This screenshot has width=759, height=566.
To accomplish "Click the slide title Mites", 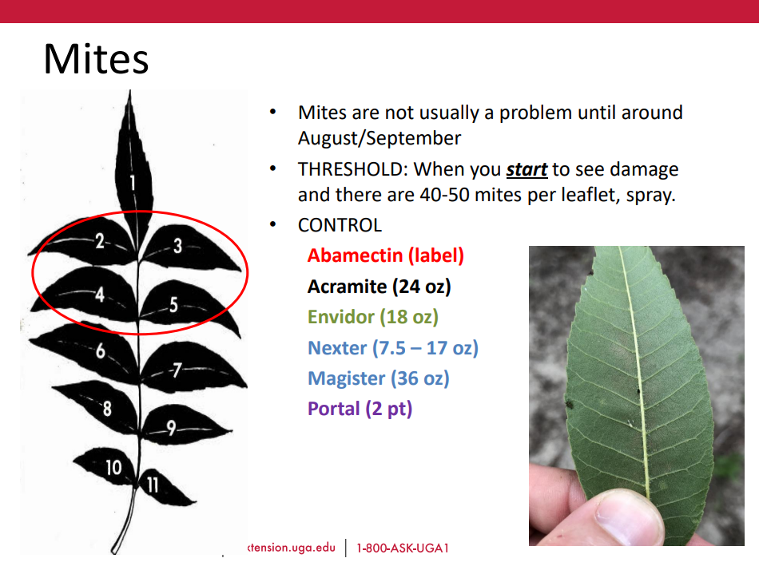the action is [x=96, y=59].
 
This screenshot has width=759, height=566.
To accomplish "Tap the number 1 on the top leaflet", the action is [x=132, y=183].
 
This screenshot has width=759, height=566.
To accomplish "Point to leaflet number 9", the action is [x=186, y=425].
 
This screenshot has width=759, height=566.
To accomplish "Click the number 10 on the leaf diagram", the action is [x=113, y=467].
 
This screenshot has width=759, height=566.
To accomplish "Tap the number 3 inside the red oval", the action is [x=177, y=246].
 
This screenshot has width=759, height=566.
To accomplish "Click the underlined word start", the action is [x=527, y=170].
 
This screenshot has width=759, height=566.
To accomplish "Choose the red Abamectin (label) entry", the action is [x=386, y=255].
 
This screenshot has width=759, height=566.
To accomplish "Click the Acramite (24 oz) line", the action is [x=379, y=287].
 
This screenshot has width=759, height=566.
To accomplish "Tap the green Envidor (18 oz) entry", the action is [x=373, y=317].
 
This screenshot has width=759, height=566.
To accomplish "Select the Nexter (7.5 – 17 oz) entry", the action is [x=393, y=348].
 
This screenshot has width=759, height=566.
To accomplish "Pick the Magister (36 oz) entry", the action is [x=379, y=378].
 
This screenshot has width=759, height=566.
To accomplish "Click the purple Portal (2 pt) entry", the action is [x=360, y=409].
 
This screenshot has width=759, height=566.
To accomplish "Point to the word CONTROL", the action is [x=340, y=225].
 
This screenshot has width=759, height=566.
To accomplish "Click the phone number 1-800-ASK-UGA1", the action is [x=403, y=548].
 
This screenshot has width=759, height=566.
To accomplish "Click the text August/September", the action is [x=379, y=138].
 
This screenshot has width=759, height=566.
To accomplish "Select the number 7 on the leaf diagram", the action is [x=177, y=370].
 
